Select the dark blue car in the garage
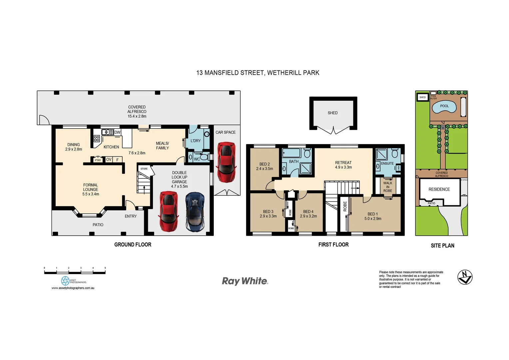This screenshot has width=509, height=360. [195, 212]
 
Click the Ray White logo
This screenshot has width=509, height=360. [245, 281]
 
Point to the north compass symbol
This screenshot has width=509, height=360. [465, 277]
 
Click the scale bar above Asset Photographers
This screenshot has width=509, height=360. [75, 272]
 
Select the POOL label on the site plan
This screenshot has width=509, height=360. [444, 106]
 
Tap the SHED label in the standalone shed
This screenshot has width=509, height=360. [332, 113]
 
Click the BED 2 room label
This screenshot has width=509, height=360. [264, 164]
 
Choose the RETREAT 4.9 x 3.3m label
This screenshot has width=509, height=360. [343, 165]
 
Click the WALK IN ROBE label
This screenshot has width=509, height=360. [387, 187]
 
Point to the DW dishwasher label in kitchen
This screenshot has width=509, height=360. [117, 132]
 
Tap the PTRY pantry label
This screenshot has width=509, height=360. [98, 160]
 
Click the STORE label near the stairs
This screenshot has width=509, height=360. [144, 169]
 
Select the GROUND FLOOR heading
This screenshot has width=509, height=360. [133, 245]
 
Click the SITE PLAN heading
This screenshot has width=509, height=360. [442, 246]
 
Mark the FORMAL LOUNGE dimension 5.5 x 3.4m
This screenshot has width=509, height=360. [91, 194]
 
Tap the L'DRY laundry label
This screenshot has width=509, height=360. [196, 141]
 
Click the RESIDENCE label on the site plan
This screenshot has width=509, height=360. [439, 189]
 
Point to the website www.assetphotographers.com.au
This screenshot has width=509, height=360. [73, 288]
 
